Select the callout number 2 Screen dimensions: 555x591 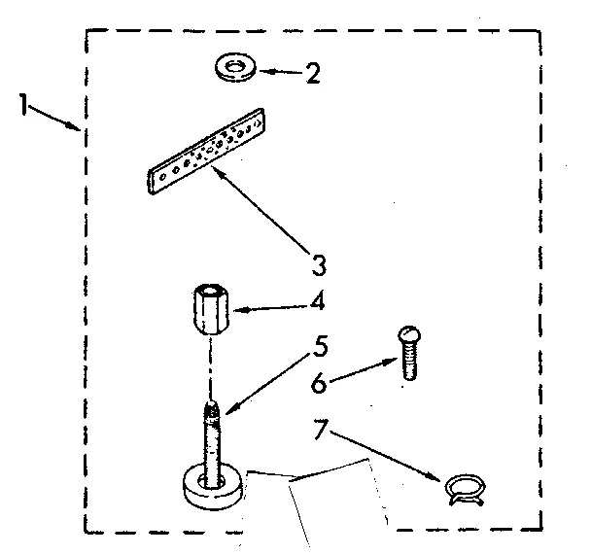[313, 75]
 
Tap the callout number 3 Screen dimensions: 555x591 [318, 263]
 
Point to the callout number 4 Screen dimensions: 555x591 [316, 303]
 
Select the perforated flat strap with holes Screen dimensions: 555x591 [206, 152]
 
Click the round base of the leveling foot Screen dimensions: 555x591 [211, 485]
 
